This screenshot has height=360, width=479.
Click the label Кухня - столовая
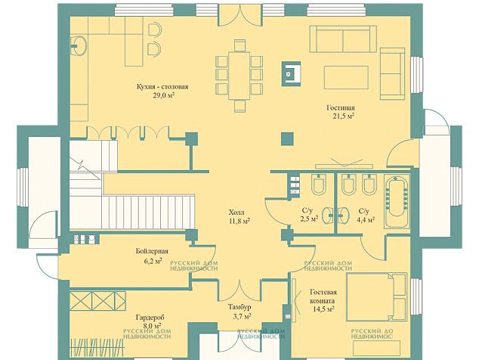pyautogui.click(x=162, y=87)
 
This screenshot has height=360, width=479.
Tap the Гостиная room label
pyautogui.click(x=341, y=107)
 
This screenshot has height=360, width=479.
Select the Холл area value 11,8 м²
pyautogui.click(x=239, y=221)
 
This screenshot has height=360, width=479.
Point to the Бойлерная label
pyautogui.click(x=152, y=251)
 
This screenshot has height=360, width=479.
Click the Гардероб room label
pyautogui.click(x=150, y=318)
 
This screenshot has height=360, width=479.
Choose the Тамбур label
pyautogui.click(x=239, y=307)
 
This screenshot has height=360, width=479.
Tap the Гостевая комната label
pyautogui.click(x=323, y=296)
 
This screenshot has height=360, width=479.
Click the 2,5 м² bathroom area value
pyautogui.click(x=309, y=219)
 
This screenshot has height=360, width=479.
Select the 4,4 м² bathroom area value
pyautogui.click(x=366, y=219)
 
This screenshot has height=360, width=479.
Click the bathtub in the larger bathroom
pyautogui.click(x=397, y=201)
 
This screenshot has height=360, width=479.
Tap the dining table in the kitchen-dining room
pyautogui.click(x=239, y=76)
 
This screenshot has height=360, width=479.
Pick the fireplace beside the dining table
pyautogui.click(x=291, y=73)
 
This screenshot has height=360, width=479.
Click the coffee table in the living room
pyautogui.click(x=346, y=77)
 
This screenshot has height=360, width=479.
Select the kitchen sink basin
pyautogui.click(x=79, y=46)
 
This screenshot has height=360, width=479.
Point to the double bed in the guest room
pyautogui.click(x=377, y=296)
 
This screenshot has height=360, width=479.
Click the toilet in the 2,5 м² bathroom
pyautogui.click(x=318, y=185)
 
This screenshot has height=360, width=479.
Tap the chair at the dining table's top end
pyautogui.click(x=239, y=45)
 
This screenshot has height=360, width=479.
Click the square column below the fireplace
pyautogui.click(x=287, y=138)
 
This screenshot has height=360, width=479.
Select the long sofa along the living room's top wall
pyautogui.click(x=343, y=39)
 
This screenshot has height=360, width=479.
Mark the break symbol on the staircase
pyautogui.click(x=82, y=165)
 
